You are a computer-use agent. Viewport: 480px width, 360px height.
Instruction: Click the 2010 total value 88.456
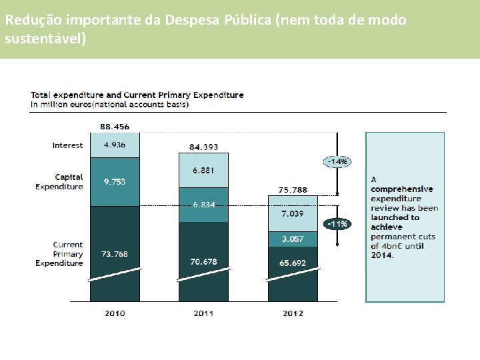(x=115, y=127)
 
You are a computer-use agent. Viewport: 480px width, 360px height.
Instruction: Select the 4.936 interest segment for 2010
(x=115, y=145)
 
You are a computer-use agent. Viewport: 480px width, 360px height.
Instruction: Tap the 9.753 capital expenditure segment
(x=115, y=181)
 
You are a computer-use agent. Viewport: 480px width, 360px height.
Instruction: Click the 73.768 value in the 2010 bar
(x=115, y=254)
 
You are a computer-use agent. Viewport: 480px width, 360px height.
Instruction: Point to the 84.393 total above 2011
(x=204, y=147)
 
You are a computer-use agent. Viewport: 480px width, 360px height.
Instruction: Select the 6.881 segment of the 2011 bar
(x=204, y=171)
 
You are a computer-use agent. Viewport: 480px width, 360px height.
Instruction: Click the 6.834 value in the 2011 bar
(x=204, y=205)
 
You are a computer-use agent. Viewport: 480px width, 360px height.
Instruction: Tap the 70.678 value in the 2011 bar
(x=204, y=261)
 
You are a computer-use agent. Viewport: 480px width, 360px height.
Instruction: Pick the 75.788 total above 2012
(x=293, y=190)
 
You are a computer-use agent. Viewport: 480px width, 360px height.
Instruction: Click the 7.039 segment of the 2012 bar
(x=293, y=213)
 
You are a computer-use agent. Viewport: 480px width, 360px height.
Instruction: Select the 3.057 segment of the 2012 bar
(x=293, y=239)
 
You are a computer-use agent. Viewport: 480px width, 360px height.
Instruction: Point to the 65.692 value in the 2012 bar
(x=293, y=263)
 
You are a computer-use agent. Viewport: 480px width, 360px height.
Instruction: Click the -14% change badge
(x=337, y=161)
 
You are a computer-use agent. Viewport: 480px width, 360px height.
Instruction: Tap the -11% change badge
(x=337, y=224)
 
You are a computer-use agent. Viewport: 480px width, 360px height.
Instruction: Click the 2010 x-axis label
(x=115, y=313)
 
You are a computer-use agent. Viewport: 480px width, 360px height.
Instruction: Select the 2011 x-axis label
(x=204, y=313)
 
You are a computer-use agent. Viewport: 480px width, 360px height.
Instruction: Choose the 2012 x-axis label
(x=293, y=313)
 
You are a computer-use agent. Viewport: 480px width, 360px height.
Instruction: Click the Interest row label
(x=67, y=145)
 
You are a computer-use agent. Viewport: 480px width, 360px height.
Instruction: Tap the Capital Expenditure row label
(x=59, y=182)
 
